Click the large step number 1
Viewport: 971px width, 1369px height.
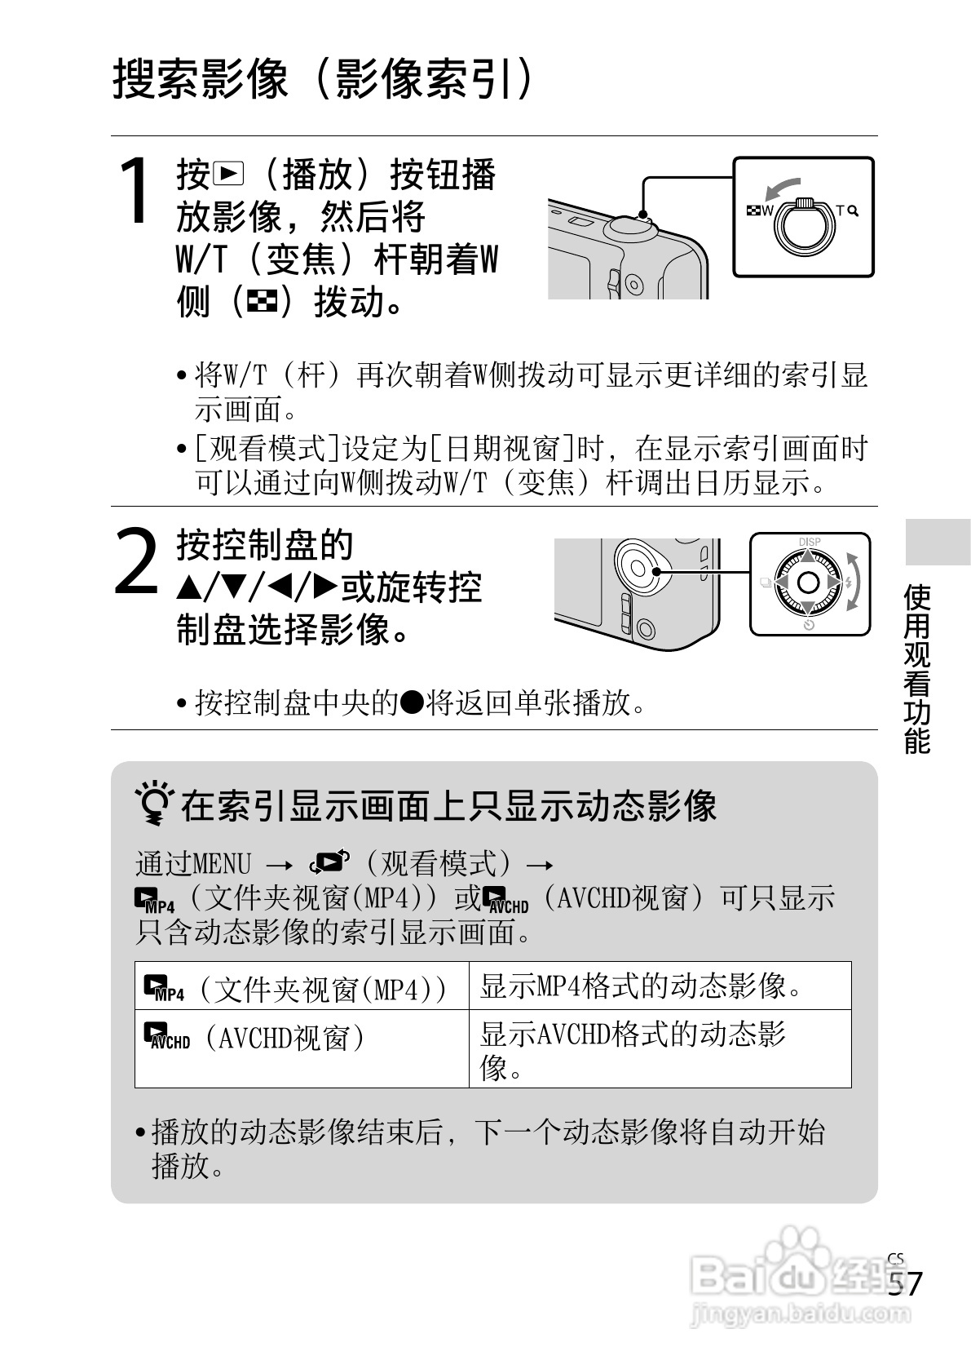point(135,191)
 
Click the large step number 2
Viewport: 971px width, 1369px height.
point(135,561)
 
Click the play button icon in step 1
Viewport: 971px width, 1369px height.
point(227,174)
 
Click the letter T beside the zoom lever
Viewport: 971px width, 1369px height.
point(840,210)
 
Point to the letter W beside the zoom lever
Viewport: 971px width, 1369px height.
point(766,210)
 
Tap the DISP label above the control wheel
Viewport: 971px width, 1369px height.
point(809,542)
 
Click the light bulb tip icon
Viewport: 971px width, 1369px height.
point(155,803)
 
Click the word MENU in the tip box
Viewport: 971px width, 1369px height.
point(222,863)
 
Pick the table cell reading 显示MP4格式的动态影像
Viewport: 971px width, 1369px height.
point(660,985)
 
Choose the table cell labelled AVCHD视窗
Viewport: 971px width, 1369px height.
point(302,1048)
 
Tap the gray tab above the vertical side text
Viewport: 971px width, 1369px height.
point(938,542)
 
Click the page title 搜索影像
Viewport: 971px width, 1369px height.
point(200,79)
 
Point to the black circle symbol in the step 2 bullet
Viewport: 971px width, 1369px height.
point(413,702)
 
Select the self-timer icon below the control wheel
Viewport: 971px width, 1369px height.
point(809,625)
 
